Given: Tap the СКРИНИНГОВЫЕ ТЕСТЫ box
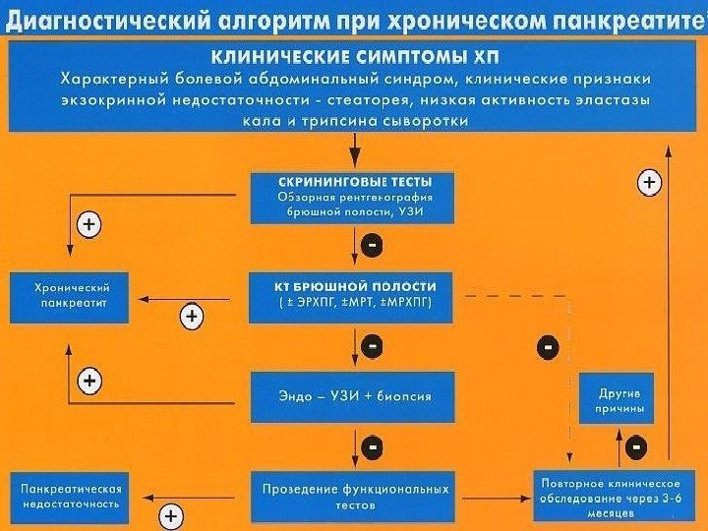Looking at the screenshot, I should click(x=354, y=196).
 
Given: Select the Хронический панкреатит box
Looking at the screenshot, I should click(x=71, y=297).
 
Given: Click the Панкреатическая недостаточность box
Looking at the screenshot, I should click(x=71, y=496).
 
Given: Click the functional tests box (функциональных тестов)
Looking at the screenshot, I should click(x=354, y=496).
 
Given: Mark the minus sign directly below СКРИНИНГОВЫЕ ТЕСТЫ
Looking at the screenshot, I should click(x=373, y=242).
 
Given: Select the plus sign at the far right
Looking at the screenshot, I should click(x=650, y=182).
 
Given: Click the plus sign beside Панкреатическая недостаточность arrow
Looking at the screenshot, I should click(x=171, y=514).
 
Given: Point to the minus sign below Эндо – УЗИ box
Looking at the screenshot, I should click(x=373, y=447).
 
